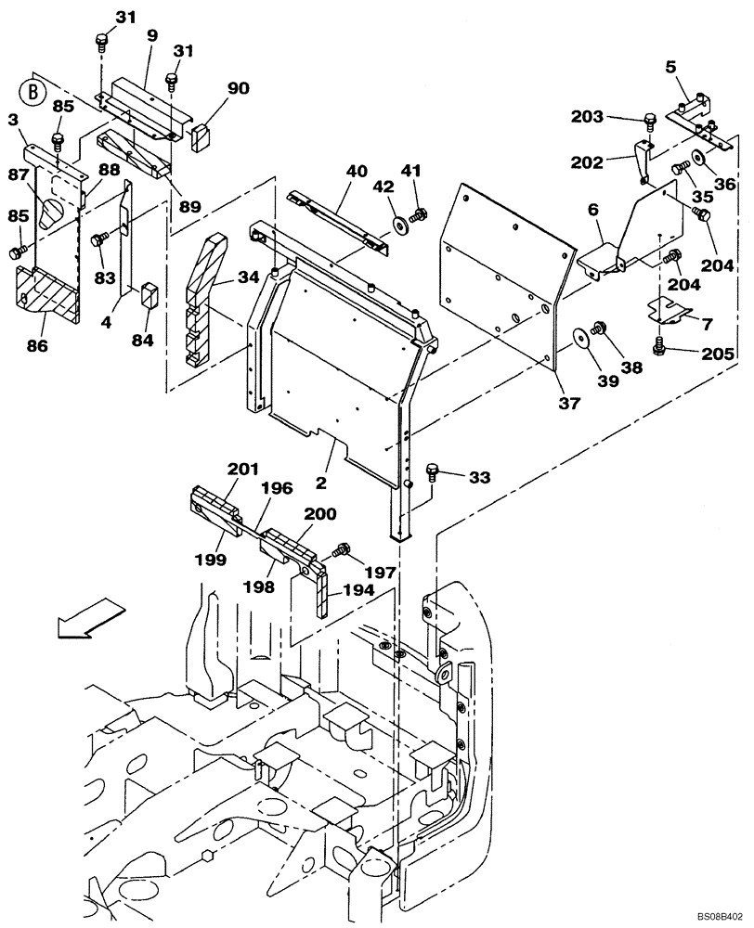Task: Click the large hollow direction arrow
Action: (89, 619)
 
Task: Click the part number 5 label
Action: (670, 67)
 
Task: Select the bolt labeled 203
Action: (650, 120)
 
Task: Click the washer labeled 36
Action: (697, 158)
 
